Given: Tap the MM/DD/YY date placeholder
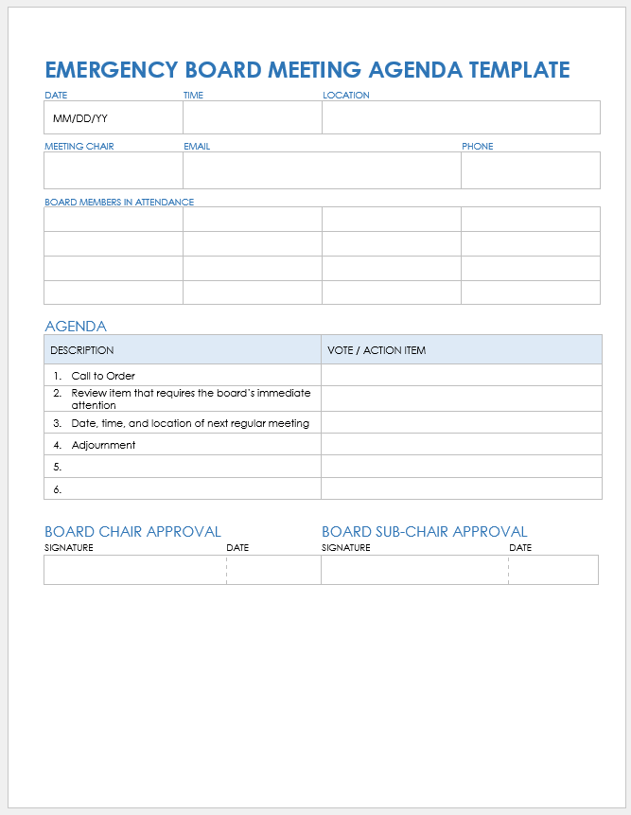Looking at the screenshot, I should [x=80, y=119].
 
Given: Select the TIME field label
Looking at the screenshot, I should [x=193, y=96].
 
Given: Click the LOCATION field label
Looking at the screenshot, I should [x=345, y=96].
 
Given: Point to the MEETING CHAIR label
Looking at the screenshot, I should [x=79, y=147].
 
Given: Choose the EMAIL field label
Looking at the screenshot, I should [x=197, y=147].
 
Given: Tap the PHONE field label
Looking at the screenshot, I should [x=477, y=147].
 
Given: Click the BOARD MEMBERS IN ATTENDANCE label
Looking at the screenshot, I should [x=119, y=202].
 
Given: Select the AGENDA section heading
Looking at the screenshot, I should [x=76, y=327].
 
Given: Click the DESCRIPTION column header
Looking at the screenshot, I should [x=82, y=350].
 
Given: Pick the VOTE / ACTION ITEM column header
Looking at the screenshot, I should [x=377, y=350].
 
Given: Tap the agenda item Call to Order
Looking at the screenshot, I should [x=103, y=376].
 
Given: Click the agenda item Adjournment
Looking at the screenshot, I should [x=103, y=445].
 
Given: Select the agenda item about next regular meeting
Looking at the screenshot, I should [x=190, y=423].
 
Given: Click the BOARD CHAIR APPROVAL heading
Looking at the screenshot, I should [x=132, y=532].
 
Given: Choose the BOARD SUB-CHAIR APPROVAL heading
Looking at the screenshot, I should [x=424, y=532].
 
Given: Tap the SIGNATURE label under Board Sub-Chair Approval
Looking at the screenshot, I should [x=345, y=548].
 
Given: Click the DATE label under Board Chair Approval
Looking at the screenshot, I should [x=237, y=548].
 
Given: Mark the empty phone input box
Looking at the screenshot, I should [x=530, y=170].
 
